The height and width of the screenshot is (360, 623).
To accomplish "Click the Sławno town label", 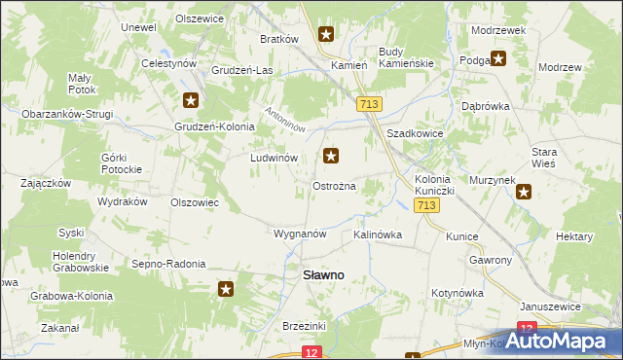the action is point(322,275).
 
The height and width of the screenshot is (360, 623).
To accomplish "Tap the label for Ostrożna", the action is point(334,186).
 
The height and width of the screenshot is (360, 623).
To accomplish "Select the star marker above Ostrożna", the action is point(332,156).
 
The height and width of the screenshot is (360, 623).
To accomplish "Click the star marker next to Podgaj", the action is point(499,58).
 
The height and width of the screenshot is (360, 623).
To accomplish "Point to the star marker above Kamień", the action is point(326,36).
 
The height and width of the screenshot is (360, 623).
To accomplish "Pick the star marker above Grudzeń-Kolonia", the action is point(191,99).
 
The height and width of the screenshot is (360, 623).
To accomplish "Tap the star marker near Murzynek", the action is point(525,192).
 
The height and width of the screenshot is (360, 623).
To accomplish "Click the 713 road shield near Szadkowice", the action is point(368,104).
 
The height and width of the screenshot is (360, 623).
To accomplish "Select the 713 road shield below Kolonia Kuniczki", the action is point(424,206).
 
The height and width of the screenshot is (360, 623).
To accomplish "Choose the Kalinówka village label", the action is point(378,234).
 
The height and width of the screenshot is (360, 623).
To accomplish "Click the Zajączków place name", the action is point(45,182).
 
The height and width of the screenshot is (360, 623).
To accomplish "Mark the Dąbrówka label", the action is point(485,107).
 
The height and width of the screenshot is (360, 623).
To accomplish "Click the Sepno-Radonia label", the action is point(168,264).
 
